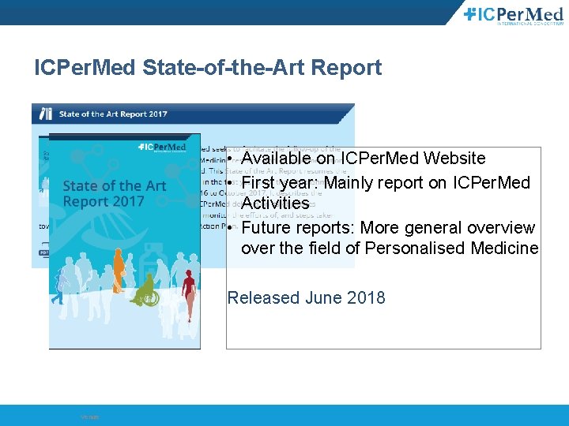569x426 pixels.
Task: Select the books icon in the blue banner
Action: tap(46, 114)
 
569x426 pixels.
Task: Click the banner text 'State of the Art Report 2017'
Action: tap(113, 114)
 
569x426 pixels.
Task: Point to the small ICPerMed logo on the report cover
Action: tap(161, 147)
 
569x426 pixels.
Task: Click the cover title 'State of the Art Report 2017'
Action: tap(114, 193)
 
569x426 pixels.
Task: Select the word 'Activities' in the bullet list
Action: tap(274, 204)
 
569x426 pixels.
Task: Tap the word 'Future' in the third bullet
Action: tap(265, 228)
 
